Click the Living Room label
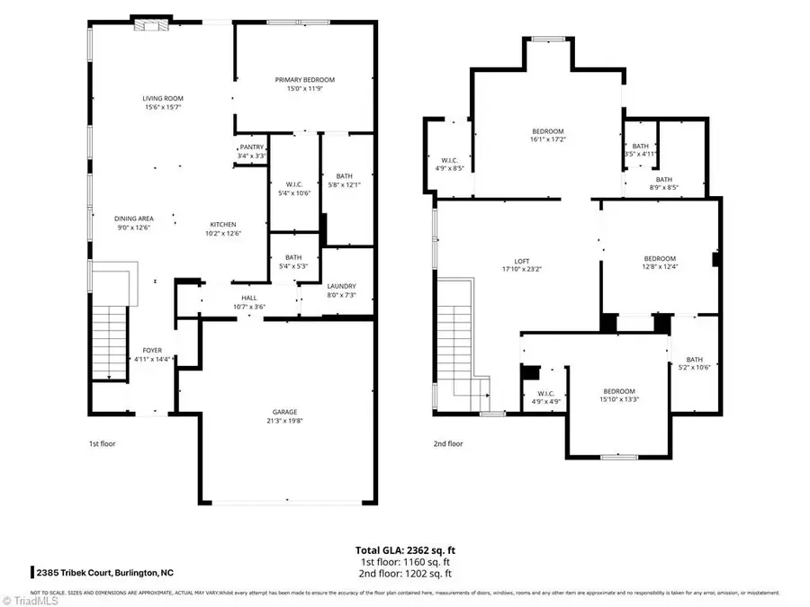[x=162, y=98]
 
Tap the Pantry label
[x=251, y=147]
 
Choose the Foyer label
[x=152, y=350]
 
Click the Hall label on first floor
[x=249, y=298]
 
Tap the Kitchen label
[x=223, y=224]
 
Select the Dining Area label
[x=133, y=218]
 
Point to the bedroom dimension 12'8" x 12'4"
[x=659, y=266]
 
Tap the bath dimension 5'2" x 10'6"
[x=694, y=367]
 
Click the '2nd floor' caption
[x=448, y=443]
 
